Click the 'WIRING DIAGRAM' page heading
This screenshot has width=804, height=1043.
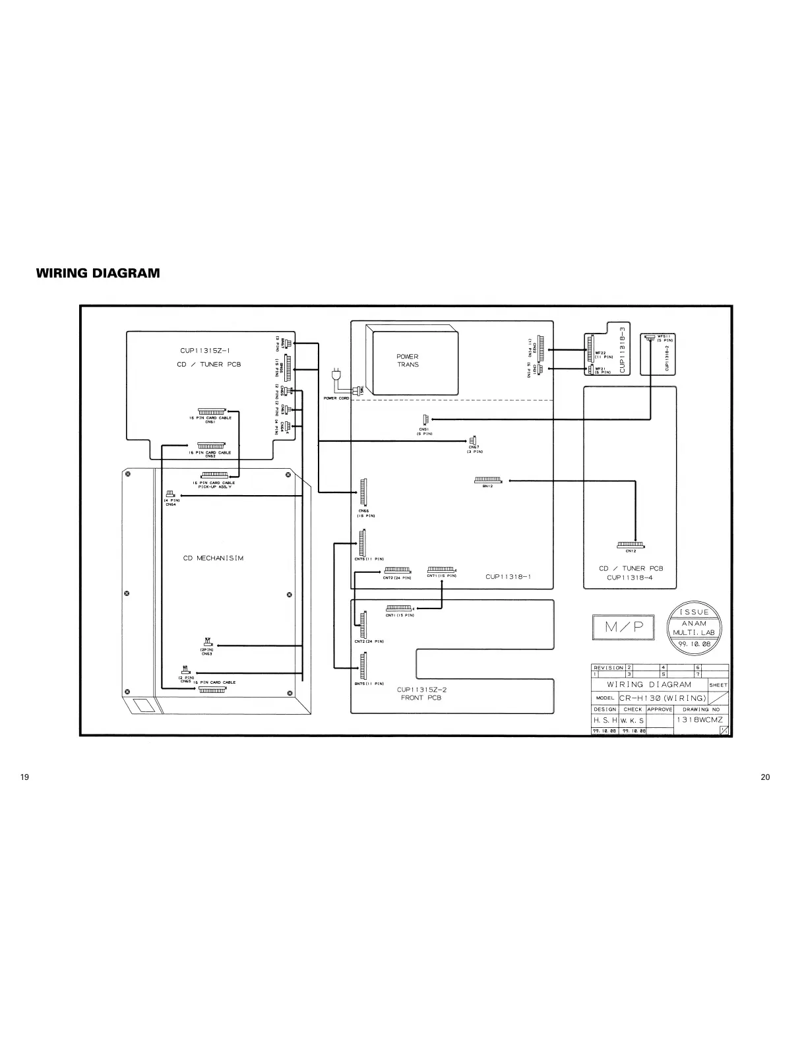coord(98,273)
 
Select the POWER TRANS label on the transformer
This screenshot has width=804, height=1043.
coord(408,361)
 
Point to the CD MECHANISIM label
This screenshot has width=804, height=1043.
coord(213,558)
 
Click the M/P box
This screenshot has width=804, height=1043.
coord(624,628)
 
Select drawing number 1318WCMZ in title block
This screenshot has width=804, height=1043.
coord(699,720)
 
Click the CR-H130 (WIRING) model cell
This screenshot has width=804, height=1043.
coord(663,698)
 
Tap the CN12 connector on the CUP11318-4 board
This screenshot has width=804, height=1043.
coord(631,545)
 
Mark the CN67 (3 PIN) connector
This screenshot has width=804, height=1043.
coord(473,440)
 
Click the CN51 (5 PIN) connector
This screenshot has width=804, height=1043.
coord(425,420)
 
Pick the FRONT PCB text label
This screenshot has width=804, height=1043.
coord(421,698)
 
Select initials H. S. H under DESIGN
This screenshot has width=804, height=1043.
coord(604,721)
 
